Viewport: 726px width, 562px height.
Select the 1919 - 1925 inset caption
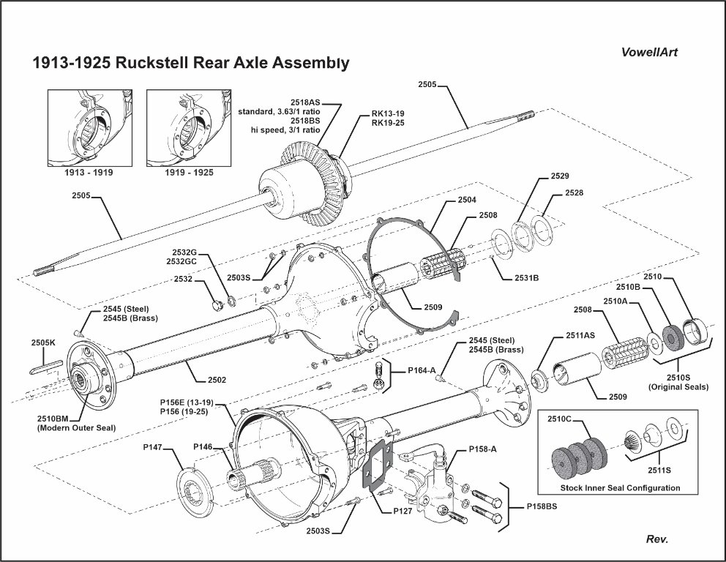(x=180, y=173)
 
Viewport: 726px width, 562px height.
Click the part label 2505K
(x=43, y=342)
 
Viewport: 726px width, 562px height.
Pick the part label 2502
(x=217, y=380)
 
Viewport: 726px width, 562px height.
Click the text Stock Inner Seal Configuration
(x=620, y=487)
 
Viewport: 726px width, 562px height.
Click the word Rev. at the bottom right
(x=657, y=539)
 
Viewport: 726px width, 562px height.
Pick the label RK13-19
(x=388, y=113)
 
